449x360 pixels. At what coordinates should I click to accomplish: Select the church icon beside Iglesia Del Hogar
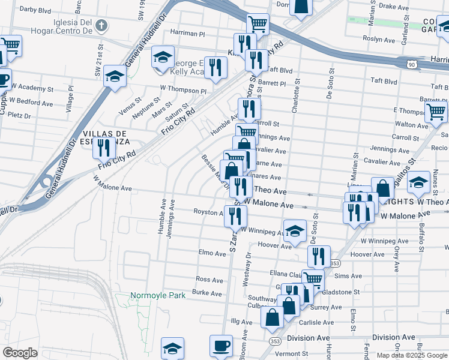point(102,26)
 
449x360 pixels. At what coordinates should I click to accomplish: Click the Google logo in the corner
point(20,353)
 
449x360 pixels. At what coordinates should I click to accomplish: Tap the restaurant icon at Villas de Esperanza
point(104,147)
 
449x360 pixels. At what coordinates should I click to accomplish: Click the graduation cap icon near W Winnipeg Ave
point(294,231)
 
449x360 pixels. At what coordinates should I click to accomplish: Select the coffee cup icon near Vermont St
point(221,346)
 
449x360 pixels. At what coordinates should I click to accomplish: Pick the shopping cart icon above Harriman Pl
point(257,25)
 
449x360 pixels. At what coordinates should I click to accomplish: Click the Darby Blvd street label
point(35,10)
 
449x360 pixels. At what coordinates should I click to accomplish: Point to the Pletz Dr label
point(19,115)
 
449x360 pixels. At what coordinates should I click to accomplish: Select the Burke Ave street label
point(207,293)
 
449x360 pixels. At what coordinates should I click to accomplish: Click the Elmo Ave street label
point(212,253)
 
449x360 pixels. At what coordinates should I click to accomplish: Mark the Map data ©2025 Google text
point(412,355)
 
